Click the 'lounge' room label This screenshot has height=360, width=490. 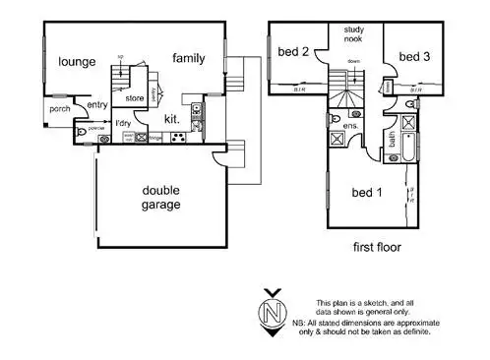pos(77,62)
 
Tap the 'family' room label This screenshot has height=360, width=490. pos(189,58)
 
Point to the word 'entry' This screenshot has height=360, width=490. pos(96,105)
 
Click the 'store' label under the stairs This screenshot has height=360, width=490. pos(135,98)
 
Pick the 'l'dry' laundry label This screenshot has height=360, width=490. pos(124,122)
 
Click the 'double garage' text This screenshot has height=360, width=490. pos(161,199)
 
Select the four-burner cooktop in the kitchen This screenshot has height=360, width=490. pos(179,138)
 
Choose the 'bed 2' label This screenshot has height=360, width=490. pos(293,52)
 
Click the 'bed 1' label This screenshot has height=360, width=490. pos(369,194)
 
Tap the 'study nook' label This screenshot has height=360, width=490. pos(353,36)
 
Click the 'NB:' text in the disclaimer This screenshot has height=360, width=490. pos(325,323)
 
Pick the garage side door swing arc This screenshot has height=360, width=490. pos(221,157)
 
